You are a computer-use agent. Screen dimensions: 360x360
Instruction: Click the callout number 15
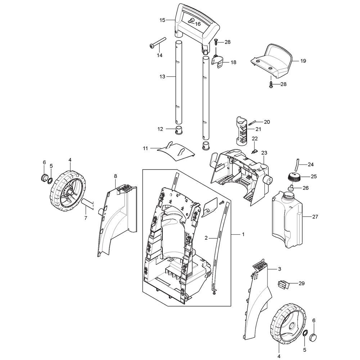click(x=162, y=20)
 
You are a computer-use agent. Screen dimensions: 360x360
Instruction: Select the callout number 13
click(x=162, y=76)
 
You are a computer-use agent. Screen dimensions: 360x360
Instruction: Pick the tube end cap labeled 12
click(x=179, y=130)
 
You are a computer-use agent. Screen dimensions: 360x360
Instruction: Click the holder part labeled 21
click(x=242, y=131)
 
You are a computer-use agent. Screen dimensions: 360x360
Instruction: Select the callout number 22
click(x=255, y=139)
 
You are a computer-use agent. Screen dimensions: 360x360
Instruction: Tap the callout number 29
click(x=301, y=283)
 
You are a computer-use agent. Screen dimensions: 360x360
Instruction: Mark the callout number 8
click(x=115, y=176)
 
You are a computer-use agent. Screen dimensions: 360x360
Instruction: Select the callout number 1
click(x=243, y=234)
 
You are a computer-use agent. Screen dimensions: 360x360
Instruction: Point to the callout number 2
click(x=206, y=238)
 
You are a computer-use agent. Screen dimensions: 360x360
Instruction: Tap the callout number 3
click(x=279, y=269)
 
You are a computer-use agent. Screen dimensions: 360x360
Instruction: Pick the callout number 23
click(x=264, y=153)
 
